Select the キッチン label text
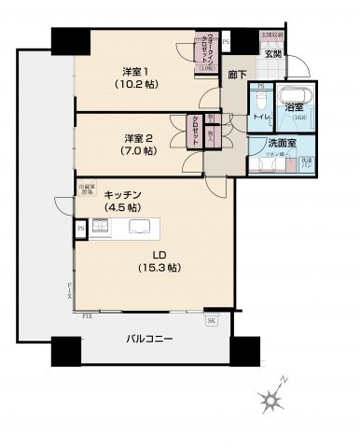tap(122, 193)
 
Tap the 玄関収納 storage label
tap(271, 35)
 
